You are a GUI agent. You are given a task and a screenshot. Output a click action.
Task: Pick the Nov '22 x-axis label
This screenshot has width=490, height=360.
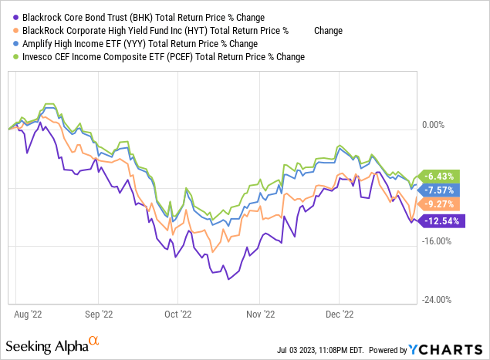point(259,315)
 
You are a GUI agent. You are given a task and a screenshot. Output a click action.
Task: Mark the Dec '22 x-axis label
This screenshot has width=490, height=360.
point(338,315)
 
